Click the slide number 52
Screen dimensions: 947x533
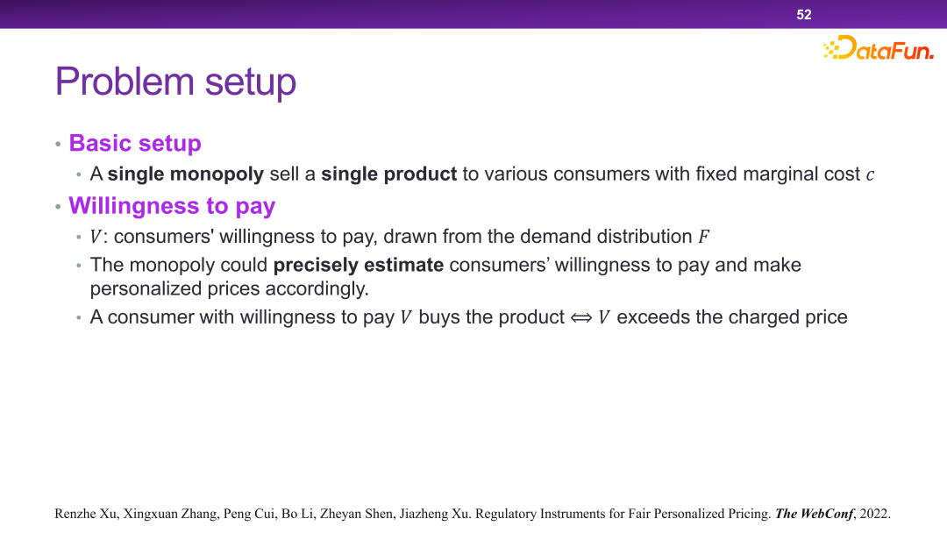point(804,15)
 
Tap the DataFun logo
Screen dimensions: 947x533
point(879,47)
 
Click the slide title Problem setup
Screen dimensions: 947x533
point(175,82)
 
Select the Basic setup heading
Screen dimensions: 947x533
point(135,143)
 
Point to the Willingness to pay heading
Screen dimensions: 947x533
point(172,206)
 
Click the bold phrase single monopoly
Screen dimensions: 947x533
point(185,174)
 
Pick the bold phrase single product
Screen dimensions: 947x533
point(389,174)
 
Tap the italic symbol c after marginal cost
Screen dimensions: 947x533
point(871,175)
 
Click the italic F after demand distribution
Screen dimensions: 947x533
point(703,237)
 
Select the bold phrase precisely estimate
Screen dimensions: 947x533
point(359,265)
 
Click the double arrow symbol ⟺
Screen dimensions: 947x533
point(581,317)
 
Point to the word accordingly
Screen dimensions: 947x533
point(317,288)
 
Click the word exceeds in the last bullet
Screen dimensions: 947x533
point(653,316)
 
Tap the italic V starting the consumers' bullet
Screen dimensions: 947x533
point(96,237)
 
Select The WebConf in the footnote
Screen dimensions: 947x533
point(814,514)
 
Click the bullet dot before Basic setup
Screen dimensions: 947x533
point(58,145)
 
